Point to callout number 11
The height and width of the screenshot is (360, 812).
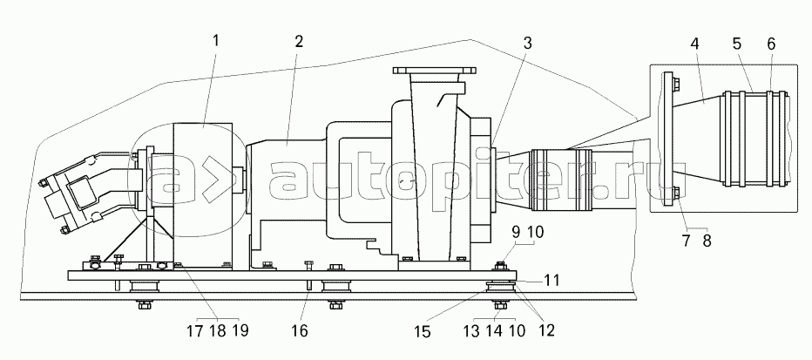[551, 280]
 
